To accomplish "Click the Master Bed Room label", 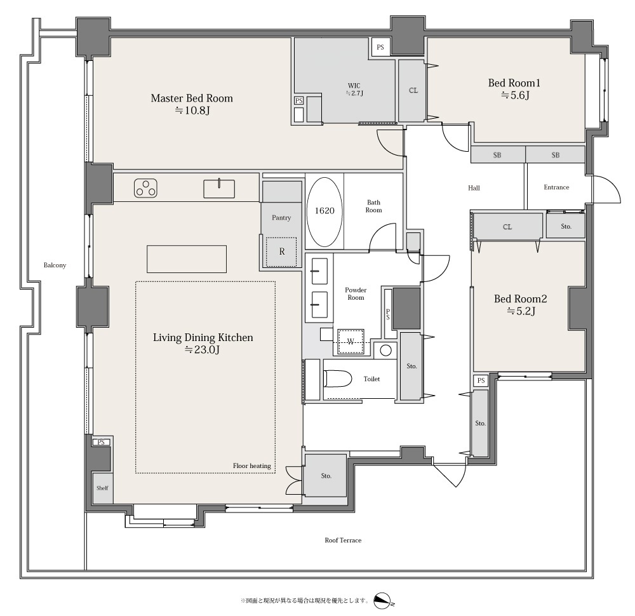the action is (x=192, y=98).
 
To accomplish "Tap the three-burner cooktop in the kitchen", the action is (x=146, y=189).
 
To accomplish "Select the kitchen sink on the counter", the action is (x=219, y=189).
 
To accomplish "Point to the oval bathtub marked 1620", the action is (x=324, y=211).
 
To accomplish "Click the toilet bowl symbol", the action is (x=337, y=378).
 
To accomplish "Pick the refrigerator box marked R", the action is (x=281, y=251).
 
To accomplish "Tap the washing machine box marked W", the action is (x=351, y=341).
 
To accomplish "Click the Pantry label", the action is (x=281, y=217).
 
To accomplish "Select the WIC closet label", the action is (x=354, y=86).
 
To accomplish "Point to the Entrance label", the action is (x=556, y=187).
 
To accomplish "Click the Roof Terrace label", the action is (x=343, y=540).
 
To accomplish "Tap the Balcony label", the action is (x=55, y=265).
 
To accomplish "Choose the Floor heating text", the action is (x=251, y=465).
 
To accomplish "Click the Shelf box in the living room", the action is (x=102, y=488).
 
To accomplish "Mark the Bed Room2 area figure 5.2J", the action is (x=521, y=311).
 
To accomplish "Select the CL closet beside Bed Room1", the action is (x=413, y=90).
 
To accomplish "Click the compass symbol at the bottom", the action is (x=383, y=601).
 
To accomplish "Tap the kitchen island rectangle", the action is (x=187, y=259).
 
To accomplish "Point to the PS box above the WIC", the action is (x=380, y=47).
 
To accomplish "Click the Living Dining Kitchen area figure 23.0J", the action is (x=202, y=349).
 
